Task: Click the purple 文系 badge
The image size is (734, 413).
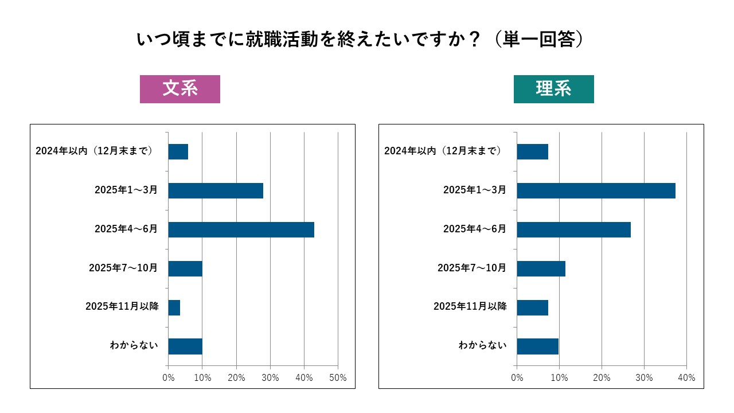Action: [x=180, y=89]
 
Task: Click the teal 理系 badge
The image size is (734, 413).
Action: [x=553, y=89]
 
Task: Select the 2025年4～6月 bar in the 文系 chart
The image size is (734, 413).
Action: [x=241, y=229]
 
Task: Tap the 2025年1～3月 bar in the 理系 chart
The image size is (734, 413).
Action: [x=596, y=190]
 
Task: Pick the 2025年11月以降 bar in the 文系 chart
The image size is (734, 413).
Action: [x=174, y=307]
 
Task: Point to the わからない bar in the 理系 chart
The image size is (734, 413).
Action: [x=537, y=346]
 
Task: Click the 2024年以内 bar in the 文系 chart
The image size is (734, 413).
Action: [x=178, y=151]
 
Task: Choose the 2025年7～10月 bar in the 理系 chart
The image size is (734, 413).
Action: [x=541, y=268]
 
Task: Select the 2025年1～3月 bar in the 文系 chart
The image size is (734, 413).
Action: [x=216, y=190]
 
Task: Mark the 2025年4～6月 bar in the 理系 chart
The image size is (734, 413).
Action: [x=573, y=229]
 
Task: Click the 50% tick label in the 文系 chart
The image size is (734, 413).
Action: [x=338, y=378]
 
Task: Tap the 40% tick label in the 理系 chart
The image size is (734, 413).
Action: [x=686, y=378]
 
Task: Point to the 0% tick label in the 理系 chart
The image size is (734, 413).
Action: [x=517, y=378]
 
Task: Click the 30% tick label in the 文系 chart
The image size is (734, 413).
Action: [x=270, y=378]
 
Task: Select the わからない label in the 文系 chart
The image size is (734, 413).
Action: [x=134, y=346]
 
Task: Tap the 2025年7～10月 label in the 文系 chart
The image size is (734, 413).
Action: [x=123, y=268]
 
